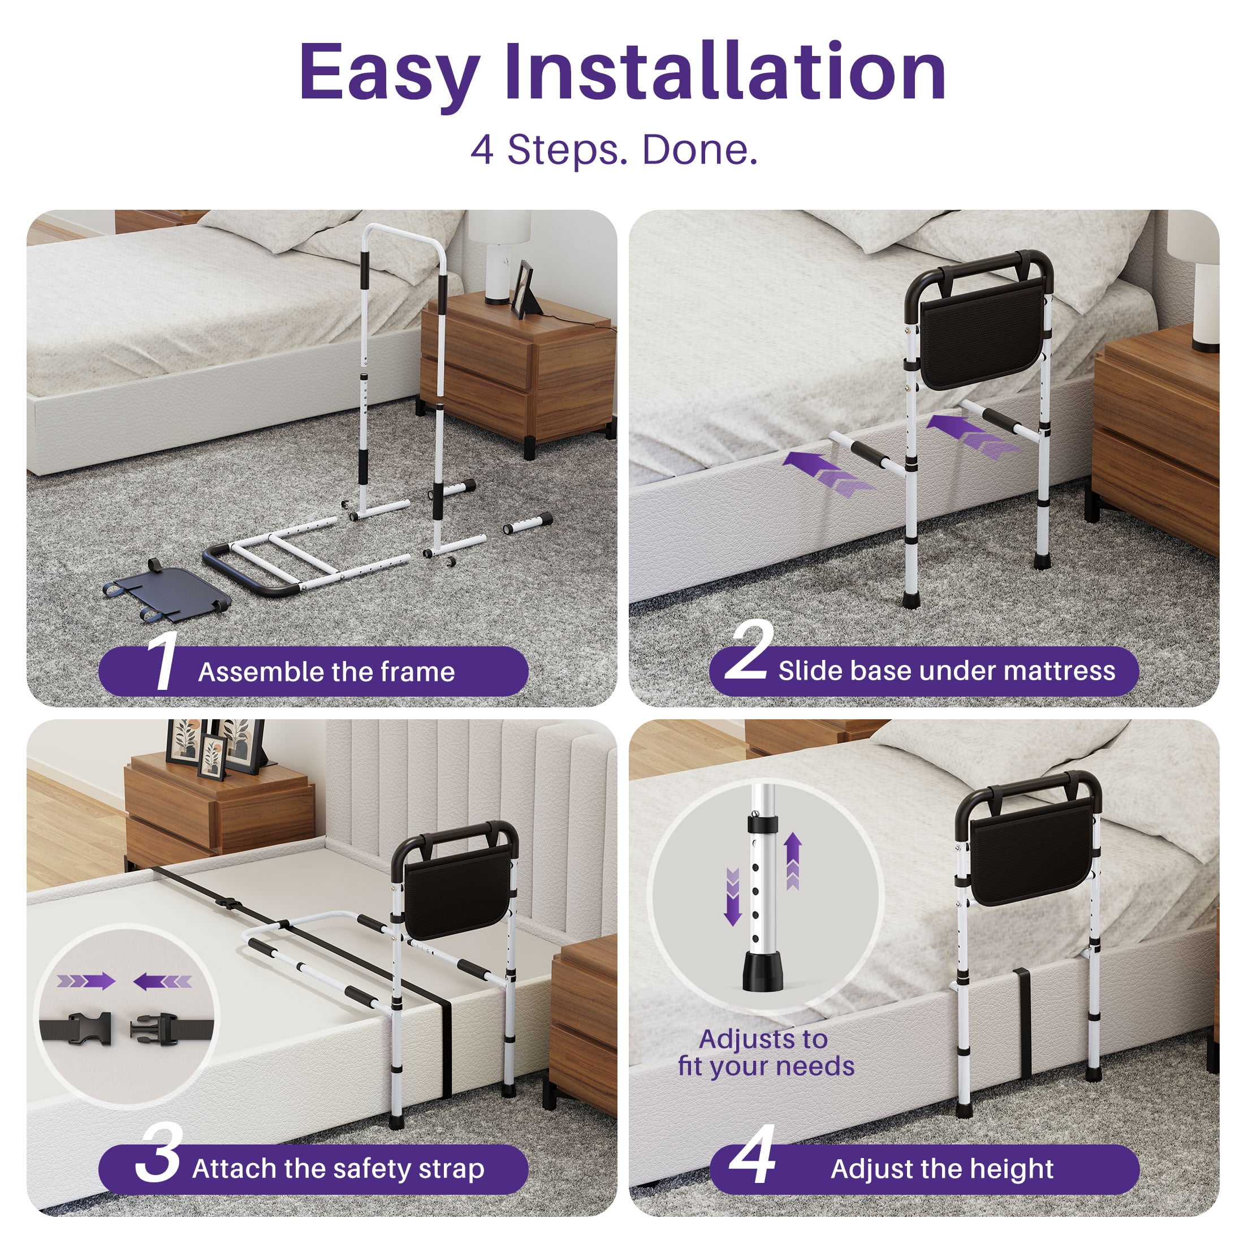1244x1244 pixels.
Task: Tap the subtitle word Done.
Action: coord(700,149)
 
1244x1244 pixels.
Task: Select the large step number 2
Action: coord(748,650)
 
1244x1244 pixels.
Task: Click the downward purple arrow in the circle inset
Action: coord(732,897)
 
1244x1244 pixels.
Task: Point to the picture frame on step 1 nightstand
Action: coord(523,289)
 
